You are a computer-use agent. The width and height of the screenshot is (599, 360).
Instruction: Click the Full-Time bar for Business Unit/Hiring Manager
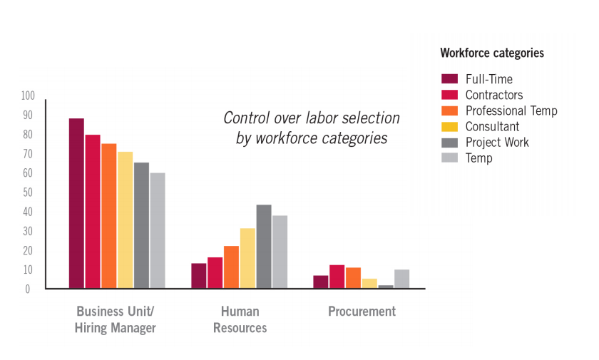(76, 203)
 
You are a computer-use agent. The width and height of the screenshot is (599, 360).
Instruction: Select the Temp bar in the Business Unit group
(158, 230)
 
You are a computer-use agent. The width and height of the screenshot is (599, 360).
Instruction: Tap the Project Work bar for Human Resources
(264, 247)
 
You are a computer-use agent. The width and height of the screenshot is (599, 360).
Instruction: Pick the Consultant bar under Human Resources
(247, 258)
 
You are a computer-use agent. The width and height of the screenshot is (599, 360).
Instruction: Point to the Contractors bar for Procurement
(337, 277)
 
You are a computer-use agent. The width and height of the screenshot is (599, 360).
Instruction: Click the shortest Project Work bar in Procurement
(386, 287)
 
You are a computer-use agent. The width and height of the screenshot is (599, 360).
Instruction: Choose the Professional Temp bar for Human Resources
(231, 267)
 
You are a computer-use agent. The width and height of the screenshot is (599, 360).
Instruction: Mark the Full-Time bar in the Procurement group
(321, 282)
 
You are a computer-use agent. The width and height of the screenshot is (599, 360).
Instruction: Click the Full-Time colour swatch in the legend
(449, 79)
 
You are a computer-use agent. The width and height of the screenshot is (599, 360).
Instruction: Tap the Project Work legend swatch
(449, 142)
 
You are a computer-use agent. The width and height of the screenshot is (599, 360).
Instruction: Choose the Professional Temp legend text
(511, 110)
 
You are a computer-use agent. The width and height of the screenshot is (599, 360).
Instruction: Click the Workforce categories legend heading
(492, 53)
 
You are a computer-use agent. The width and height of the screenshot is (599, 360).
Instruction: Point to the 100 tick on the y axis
(28, 96)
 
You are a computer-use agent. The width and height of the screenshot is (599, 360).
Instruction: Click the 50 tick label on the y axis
(28, 192)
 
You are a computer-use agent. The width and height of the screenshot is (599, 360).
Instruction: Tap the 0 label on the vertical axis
(28, 289)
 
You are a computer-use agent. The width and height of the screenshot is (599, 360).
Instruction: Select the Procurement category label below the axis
(362, 312)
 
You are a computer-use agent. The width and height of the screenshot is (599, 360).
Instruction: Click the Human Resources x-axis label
(240, 320)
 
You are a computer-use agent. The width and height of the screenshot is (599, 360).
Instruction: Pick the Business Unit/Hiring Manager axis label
(115, 320)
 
